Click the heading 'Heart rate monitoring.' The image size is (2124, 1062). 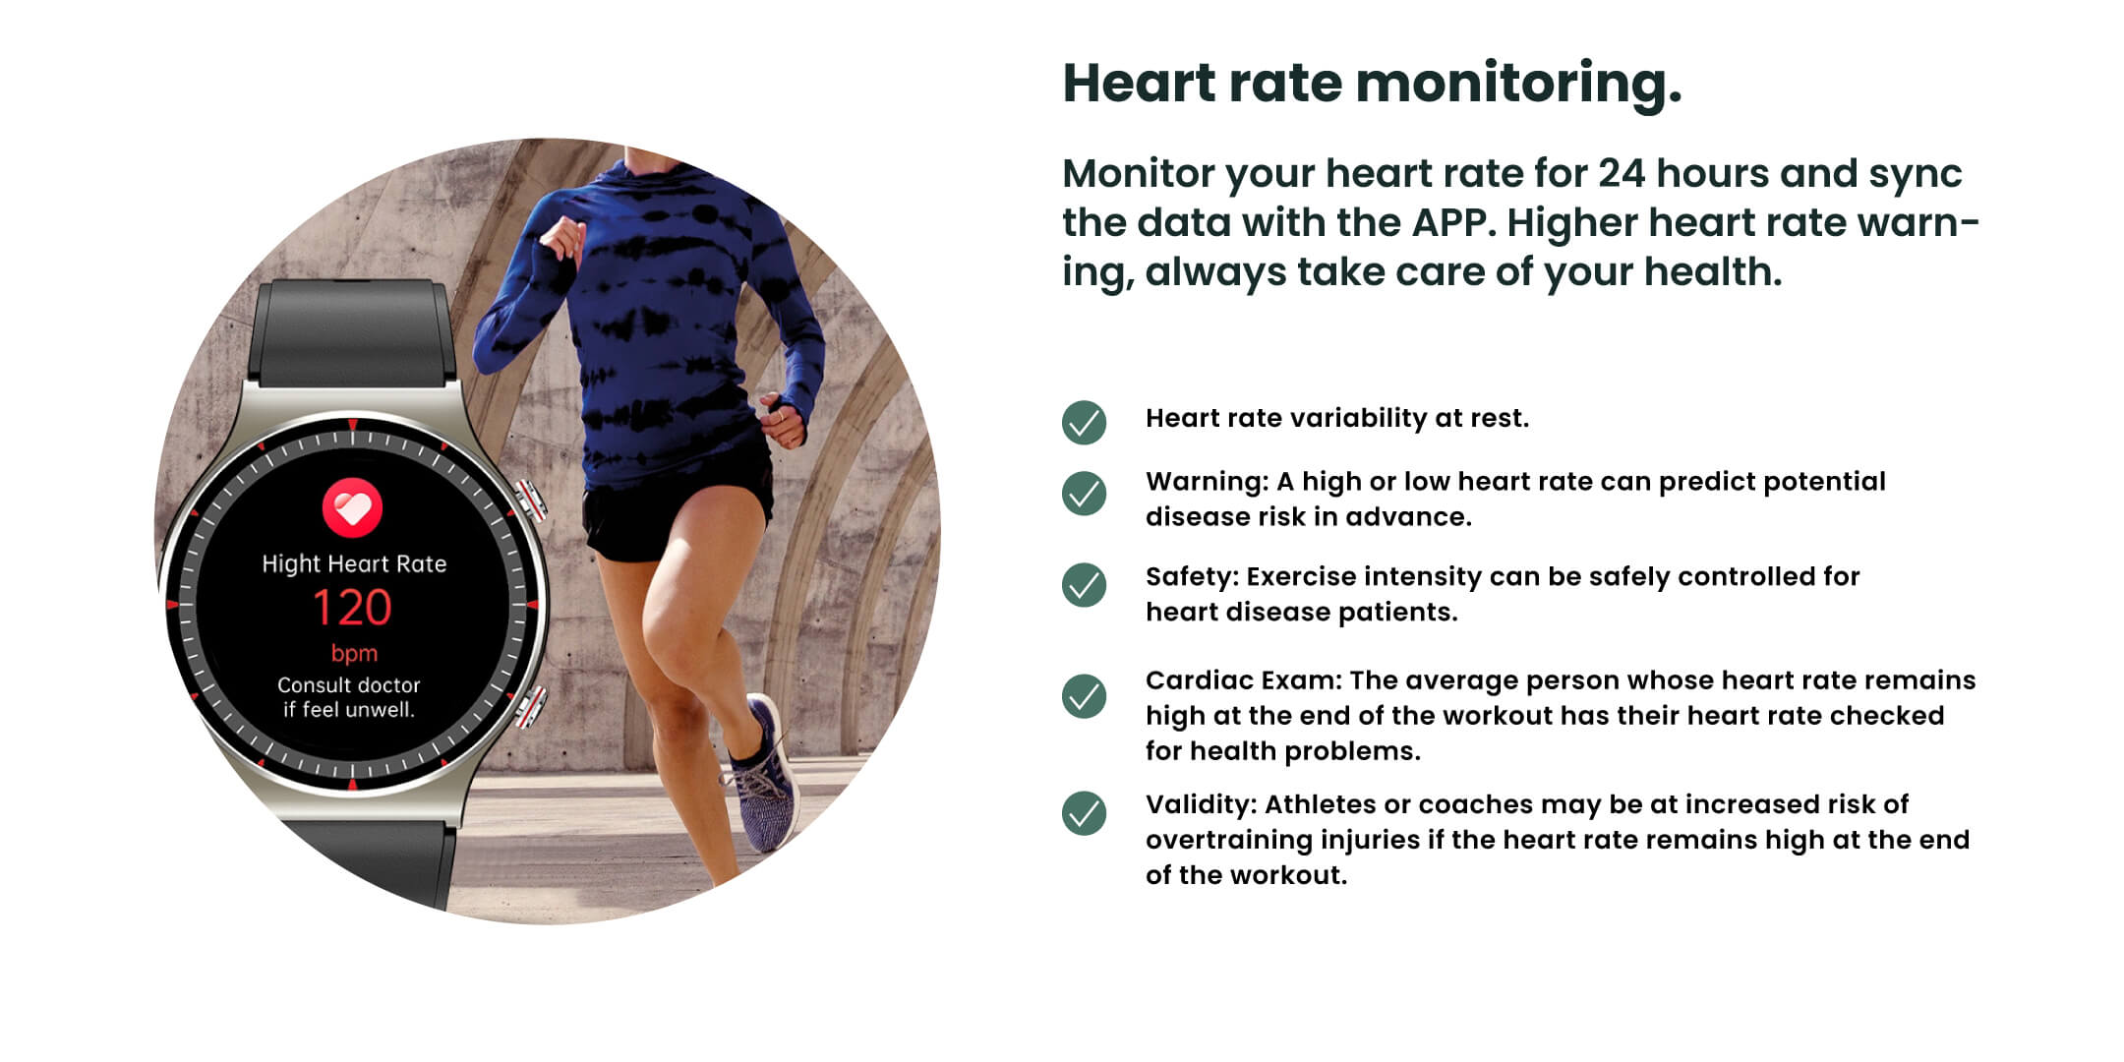click(x=1372, y=83)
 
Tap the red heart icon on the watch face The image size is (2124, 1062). click(x=352, y=507)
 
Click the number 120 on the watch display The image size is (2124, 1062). click(x=352, y=608)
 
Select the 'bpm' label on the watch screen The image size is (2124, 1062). click(x=354, y=654)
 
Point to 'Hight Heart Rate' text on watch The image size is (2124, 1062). click(x=354, y=563)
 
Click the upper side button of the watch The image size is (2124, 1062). click(x=531, y=501)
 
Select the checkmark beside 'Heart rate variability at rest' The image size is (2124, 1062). click(x=1084, y=423)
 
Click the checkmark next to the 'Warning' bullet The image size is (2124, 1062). click(x=1084, y=494)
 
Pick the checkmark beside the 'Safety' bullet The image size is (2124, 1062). click(x=1084, y=585)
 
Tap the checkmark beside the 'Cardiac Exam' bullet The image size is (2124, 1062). click(x=1084, y=696)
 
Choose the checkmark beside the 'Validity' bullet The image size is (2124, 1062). click(x=1084, y=813)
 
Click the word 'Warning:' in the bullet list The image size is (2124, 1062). click(x=1208, y=482)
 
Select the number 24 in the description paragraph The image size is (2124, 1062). click(x=1622, y=174)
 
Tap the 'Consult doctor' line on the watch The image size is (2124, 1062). click(x=349, y=685)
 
